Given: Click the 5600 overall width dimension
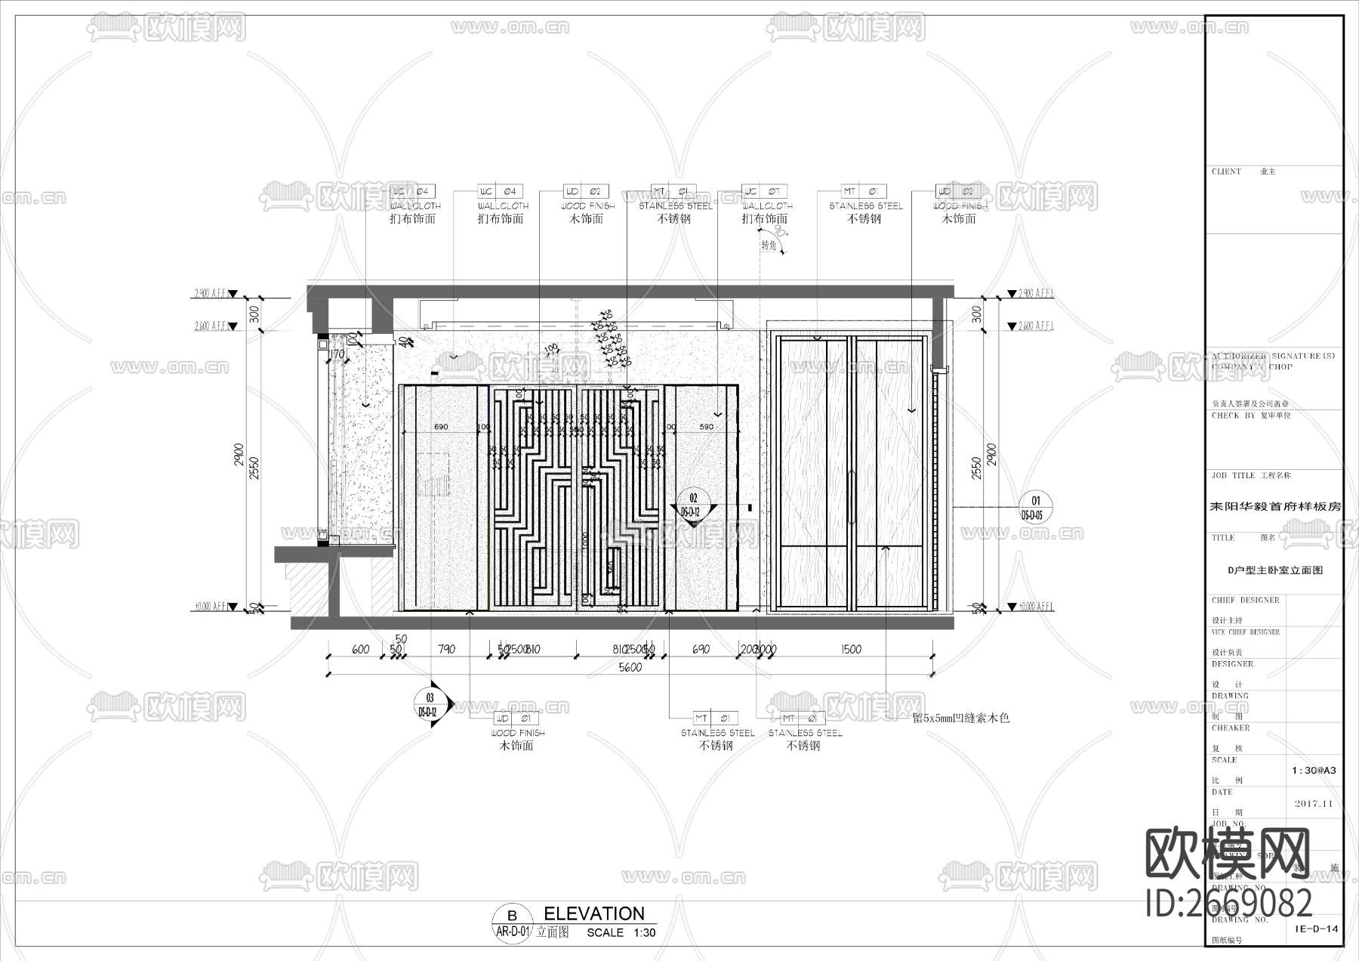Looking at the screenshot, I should [630, 667].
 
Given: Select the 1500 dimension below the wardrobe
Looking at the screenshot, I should [850, 649].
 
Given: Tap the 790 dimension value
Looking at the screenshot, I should [446, 649].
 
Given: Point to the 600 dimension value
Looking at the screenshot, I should [361, 649].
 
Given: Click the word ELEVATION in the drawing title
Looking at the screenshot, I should [594, 913].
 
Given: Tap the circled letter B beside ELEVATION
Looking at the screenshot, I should [513, 916].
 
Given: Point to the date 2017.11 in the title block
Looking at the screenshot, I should [1314, 804].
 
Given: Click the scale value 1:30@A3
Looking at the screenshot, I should [1314, 771].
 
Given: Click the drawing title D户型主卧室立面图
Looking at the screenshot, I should [1274, 571].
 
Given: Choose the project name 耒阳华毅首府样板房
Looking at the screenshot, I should [1275, 507].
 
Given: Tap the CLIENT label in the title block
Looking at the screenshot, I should [1226, 172].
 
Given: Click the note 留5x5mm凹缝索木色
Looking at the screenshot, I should [960, 718].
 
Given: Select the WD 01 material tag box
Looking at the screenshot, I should [516, 718].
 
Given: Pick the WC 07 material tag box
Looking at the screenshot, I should [765, 191].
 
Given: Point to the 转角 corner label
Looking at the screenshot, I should [769, 246].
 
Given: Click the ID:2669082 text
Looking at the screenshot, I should [1229, 903].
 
